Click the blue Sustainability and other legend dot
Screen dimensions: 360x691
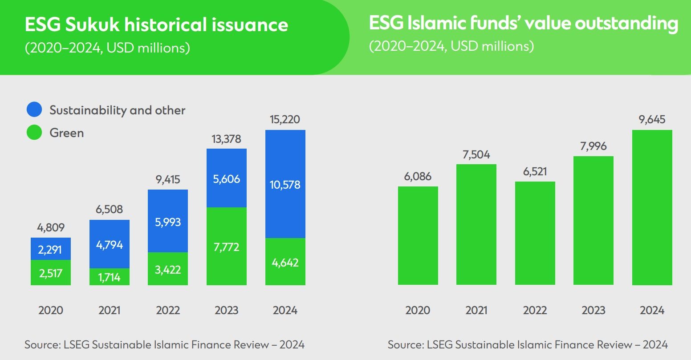(34, 110)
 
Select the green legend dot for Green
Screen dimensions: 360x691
(34, 133)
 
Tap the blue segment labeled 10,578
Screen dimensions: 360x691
(285, 184)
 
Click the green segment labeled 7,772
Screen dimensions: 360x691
(226, 246)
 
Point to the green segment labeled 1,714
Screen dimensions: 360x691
(109, 276)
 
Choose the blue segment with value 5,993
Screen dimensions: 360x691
(167, 221)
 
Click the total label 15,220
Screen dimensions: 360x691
(285, 119)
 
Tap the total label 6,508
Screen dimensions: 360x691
(109, 209)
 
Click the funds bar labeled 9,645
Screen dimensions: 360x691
(652, 207)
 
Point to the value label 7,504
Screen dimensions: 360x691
(476, 154)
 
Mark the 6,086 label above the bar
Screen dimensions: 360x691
(417, 176)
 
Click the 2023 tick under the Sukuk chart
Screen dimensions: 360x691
(226, 310)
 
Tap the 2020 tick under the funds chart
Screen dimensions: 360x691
(417, 310)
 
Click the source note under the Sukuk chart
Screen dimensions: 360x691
(164, 344)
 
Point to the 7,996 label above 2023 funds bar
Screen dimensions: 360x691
(593, 146)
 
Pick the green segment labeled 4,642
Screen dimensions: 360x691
(285, 262)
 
